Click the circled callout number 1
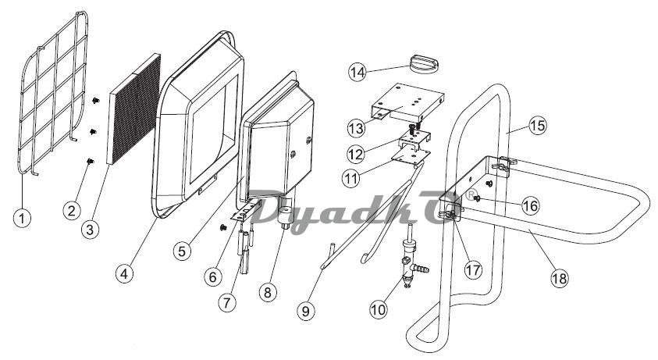click(22, 218)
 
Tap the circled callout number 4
click(124, 274)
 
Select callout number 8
click(268, 291)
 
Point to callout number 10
click(378, 309)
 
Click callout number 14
click(357, 72)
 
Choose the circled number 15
click(538, 125)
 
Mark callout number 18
click(559, 278)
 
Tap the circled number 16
click(531, 205)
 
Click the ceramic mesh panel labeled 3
click(134, 109)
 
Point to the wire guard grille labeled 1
click(53, 92)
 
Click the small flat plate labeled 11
click(411, 154)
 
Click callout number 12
click(356, 154)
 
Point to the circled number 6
click(213, 276)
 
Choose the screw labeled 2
click(90, 161)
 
